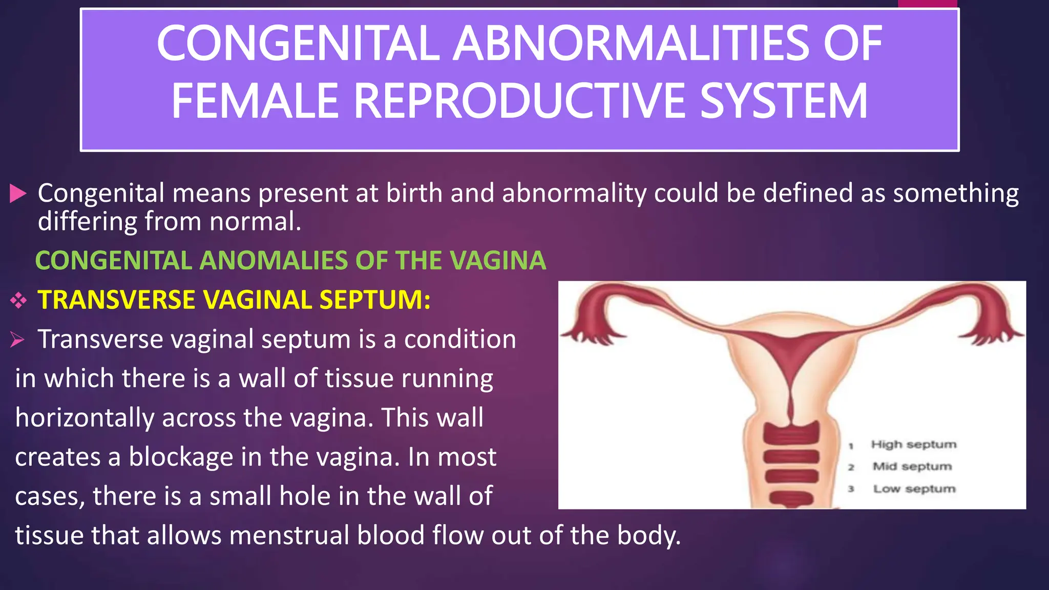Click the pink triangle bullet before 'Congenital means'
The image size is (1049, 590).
pyautogui.click(x=18, y=194)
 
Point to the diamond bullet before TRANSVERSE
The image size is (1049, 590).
pyautogui.click(x=18, y=300)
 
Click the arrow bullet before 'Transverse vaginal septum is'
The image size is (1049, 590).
pyautogui.click(x=17, y=339)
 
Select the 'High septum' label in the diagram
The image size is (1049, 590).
pyautogui.click(x=913, y=444)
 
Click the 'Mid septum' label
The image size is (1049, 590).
pyautogui.click(x=912, y=466)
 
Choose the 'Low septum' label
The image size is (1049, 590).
pyautogui.click(x=914, y=489)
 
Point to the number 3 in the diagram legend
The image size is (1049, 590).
pyautogui.click(x=851, y=489)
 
